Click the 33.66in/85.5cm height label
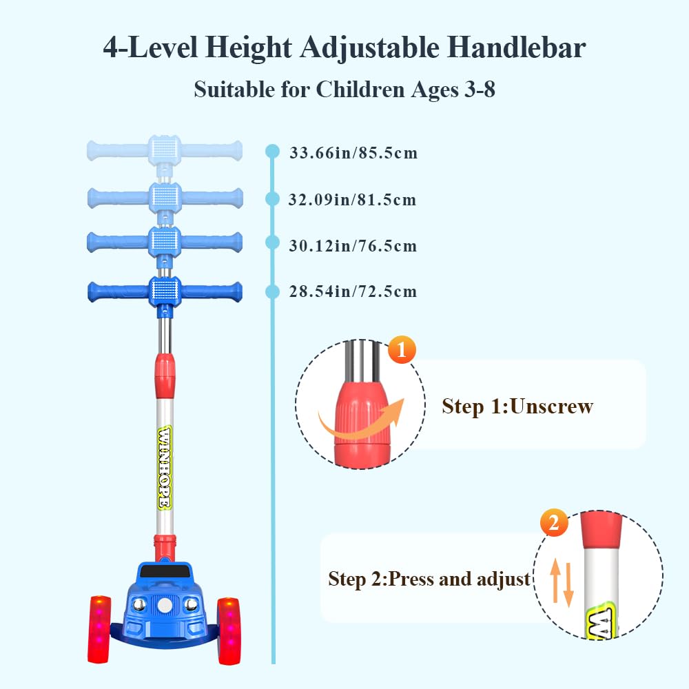[x=353, y=153]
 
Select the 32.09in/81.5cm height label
[x=352, y=200]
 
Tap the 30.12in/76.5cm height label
[x=353, y=246]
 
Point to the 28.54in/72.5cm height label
[x=353, y=291]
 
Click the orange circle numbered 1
[x=402, y=350]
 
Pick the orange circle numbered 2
[x=554, y=522]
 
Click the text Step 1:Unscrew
[x=517, y=406]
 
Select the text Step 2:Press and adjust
[x=429, y=579]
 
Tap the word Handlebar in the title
[x=516, y=48]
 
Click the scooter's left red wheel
[x=99, y=629]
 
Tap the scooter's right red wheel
[x=229, y=631]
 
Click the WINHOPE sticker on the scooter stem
[x=165, y=468]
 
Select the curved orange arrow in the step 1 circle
[x=360, y=420]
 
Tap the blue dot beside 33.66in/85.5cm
[x=272, y=152]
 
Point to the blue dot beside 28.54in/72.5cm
[x=272, y=291]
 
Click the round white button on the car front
[x=165, y=606]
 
